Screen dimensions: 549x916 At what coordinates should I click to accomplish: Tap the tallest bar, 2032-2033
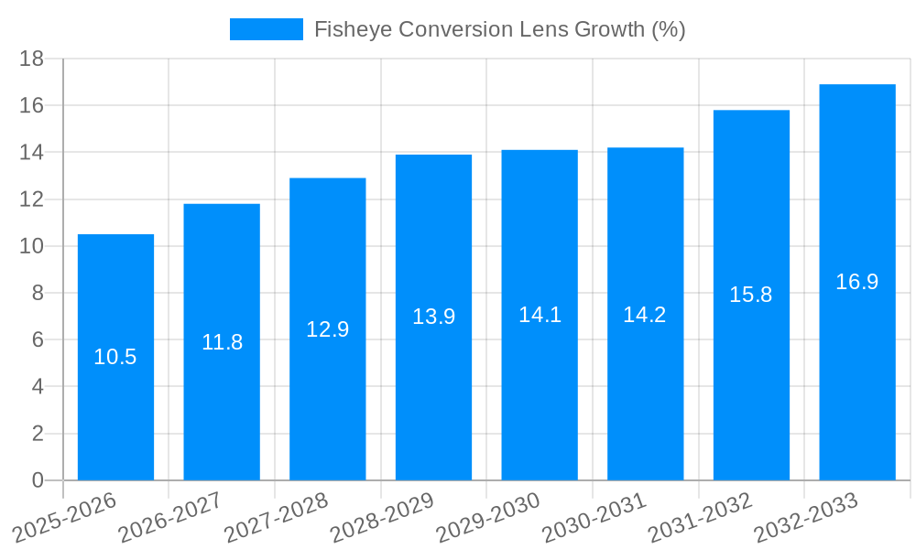[x=857, y=366]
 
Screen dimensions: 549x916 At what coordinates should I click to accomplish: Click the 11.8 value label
[x=222, y=342]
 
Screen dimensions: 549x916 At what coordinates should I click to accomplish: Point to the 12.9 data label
[x=328, y=329]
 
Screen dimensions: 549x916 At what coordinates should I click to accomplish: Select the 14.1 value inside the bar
[x=540, y=315]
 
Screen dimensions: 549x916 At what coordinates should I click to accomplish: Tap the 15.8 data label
[x=751, y=295]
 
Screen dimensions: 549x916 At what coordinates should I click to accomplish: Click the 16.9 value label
[x=857, y=282]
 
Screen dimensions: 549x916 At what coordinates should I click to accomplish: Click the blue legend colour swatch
[x=266, y=29]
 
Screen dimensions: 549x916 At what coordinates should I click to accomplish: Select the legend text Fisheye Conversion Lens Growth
[x=500, y=29]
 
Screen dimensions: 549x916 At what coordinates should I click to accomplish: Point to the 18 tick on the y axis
[x=32, y=59]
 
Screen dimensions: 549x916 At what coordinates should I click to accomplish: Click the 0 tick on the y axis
[x=38, y=480]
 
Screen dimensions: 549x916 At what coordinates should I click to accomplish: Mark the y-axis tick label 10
[x=32, y=246]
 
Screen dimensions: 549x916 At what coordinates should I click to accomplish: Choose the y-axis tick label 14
[x=32, y=152]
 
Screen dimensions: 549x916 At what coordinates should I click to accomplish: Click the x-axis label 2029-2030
[x=488, y=517]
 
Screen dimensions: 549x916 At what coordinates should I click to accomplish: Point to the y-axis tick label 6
[x=38, y=339]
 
